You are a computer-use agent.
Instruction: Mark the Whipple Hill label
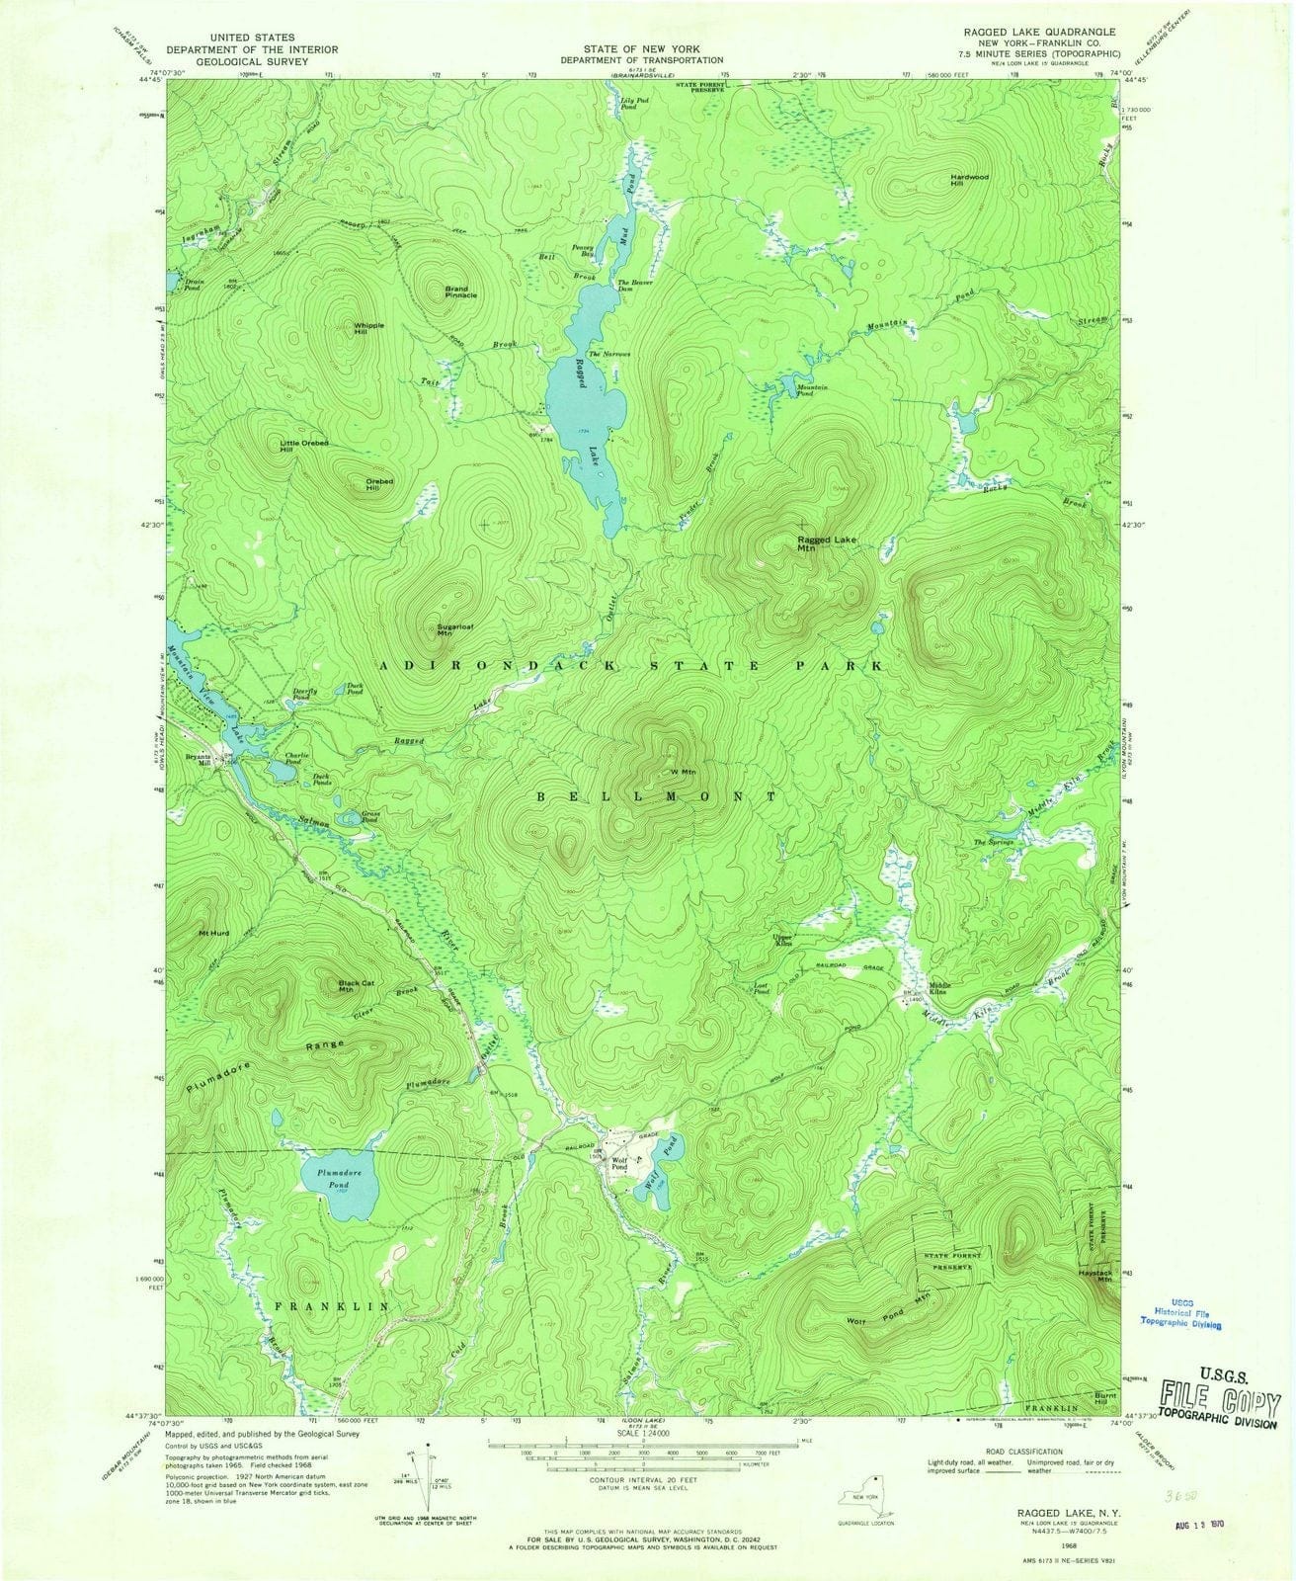[x=368, y=328]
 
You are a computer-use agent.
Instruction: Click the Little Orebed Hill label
[x=303, y=446]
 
